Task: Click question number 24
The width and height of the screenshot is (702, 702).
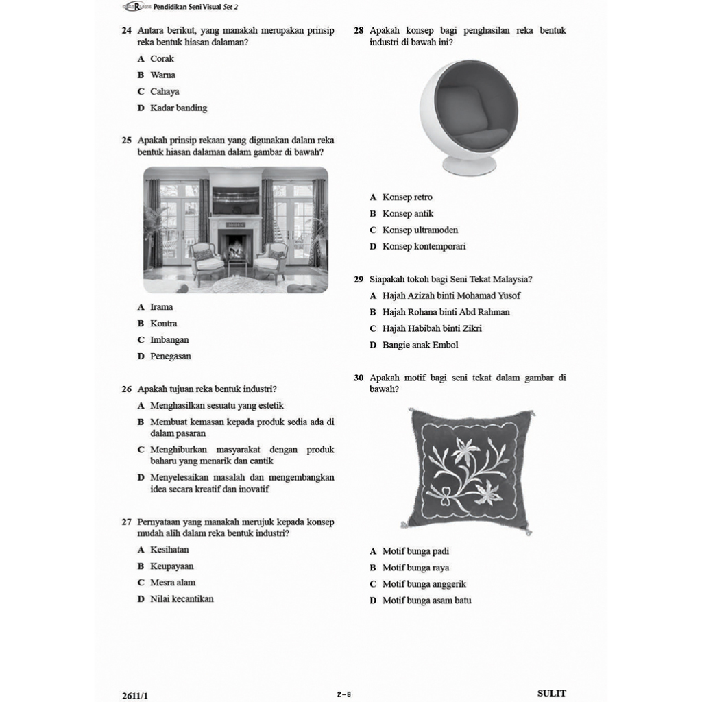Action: pyautogui.click(x=126, y=31)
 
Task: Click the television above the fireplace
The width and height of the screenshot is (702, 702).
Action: pyautogui.click(x=235, y=201)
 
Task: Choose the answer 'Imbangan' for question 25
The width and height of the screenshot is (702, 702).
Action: pyautogui.click(x=169, y=340)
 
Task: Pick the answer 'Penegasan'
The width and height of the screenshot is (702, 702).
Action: pyautogui.click(x=170, y=356)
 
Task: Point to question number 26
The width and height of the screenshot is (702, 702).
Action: pyautogui.click(x=126, y=389)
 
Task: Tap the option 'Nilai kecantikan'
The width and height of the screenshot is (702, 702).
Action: pyautogui.click(x=182, y=599)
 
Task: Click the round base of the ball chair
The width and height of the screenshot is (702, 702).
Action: pyautogui.click(x=469, y=165)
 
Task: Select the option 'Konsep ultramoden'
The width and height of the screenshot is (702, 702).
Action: pyautogui.click(x=420, y=230)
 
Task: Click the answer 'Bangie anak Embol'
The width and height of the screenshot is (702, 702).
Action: pyautogui.click(x=420, y=346)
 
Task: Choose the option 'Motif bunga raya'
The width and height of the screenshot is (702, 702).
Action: pyautogui.click(x=415, y=568)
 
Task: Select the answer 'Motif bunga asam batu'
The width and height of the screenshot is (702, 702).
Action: pyautogui.click(x=426, y=601)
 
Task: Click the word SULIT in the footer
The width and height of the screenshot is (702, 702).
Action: pyautogui.click(x=551, y=694)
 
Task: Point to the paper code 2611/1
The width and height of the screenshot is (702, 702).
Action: pyautogui.click(x=134, y=695)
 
